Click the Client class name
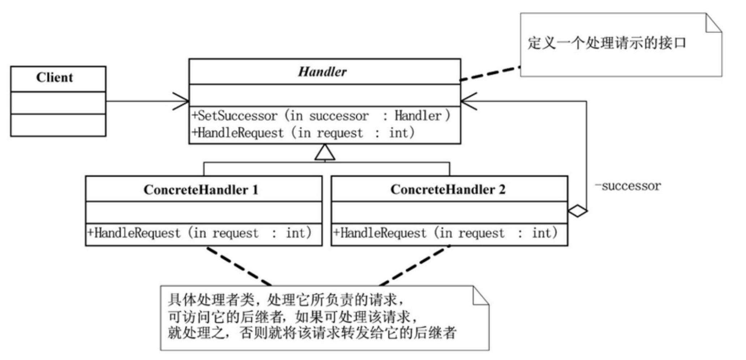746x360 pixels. click(x=55, y=78)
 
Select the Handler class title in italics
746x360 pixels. click(x=322, y=72)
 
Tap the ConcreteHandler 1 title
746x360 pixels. click(x=201, y=190)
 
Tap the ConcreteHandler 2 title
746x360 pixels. click(x=448, y=190)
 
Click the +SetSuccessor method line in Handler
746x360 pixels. click(x=320, y=116)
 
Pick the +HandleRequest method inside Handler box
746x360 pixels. click(x=303, y=133)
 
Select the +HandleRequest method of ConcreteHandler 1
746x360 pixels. click(x=199, y=233)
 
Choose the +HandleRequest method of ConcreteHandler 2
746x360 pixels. click(x=445, y=233)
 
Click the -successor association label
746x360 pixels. click(x=628, y=186)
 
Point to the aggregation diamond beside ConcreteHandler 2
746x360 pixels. click(x=577, y=211)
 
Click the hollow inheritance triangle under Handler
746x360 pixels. click(x=325, y=153)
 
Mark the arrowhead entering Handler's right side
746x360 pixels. click(x=468, y=101)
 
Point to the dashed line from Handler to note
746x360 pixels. click(x=490, y=73)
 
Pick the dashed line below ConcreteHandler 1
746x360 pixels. click(x=239, y=266)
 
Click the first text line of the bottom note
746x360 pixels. click(x=286, y=300)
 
